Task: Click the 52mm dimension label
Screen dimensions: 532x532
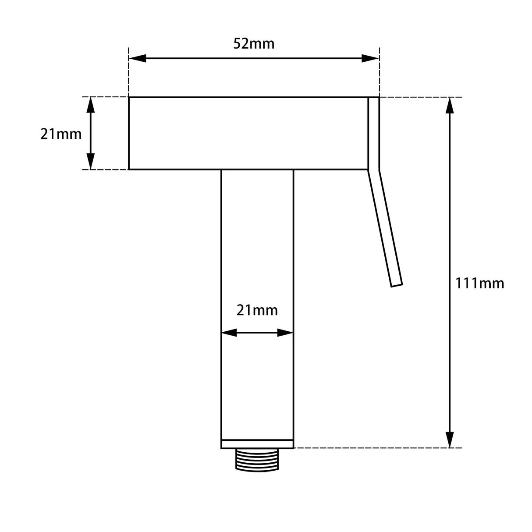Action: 254,44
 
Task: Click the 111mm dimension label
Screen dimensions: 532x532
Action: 480,284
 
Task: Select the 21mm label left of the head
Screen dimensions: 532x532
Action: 61,134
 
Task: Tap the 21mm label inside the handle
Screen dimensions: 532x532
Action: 257,310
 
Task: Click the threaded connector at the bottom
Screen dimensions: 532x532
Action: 257,460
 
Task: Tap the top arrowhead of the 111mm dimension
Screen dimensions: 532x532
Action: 450,106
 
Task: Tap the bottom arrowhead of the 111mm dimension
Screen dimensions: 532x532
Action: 450,440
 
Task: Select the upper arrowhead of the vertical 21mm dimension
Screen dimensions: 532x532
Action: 91,105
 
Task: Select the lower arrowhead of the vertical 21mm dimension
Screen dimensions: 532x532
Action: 91,161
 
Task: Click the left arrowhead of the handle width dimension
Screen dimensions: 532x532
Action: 229,333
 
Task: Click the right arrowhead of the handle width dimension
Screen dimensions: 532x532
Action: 285,333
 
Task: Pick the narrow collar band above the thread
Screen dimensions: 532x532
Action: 257,444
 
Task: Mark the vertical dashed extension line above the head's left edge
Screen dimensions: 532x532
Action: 128,72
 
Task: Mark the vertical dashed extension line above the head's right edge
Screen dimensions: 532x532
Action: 379,72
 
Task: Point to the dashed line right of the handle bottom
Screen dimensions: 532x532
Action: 377,448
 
